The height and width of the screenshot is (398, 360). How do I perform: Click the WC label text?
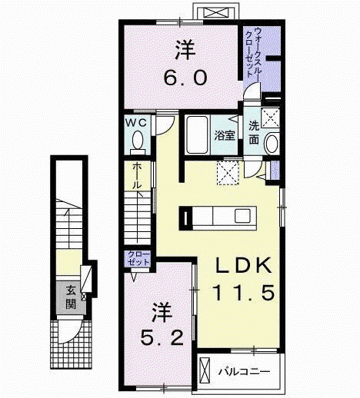point(136,123)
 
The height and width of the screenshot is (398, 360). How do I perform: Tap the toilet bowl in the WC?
point(138,140)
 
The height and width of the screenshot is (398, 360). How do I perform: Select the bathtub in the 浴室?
point(196,135)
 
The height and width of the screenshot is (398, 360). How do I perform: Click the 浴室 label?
point(225,135)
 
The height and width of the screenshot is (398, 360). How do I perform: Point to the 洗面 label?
point(254,133)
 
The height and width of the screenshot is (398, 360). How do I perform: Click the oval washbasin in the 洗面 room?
point(271,144)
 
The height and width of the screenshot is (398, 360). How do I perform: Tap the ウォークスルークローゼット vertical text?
point(254,53)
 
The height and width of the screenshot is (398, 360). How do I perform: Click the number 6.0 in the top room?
point(185,78)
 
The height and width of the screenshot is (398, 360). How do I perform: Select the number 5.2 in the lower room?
point(162,337)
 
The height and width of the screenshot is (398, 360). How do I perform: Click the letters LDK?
point(244,265)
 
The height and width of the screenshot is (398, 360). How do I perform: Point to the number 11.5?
point(244,293)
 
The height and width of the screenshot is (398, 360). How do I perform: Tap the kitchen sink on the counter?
point(242,216)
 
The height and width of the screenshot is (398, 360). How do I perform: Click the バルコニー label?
point(244,371)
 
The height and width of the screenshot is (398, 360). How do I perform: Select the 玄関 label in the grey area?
point(71,297)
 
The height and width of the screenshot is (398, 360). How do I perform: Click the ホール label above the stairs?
point(137,176)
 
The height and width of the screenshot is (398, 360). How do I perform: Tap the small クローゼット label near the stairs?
point(138,258)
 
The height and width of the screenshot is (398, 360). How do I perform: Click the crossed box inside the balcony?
point(205,370)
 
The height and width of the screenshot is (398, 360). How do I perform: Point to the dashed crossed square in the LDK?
point(228,173)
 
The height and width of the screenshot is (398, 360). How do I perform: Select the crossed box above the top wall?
point(216,12)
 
